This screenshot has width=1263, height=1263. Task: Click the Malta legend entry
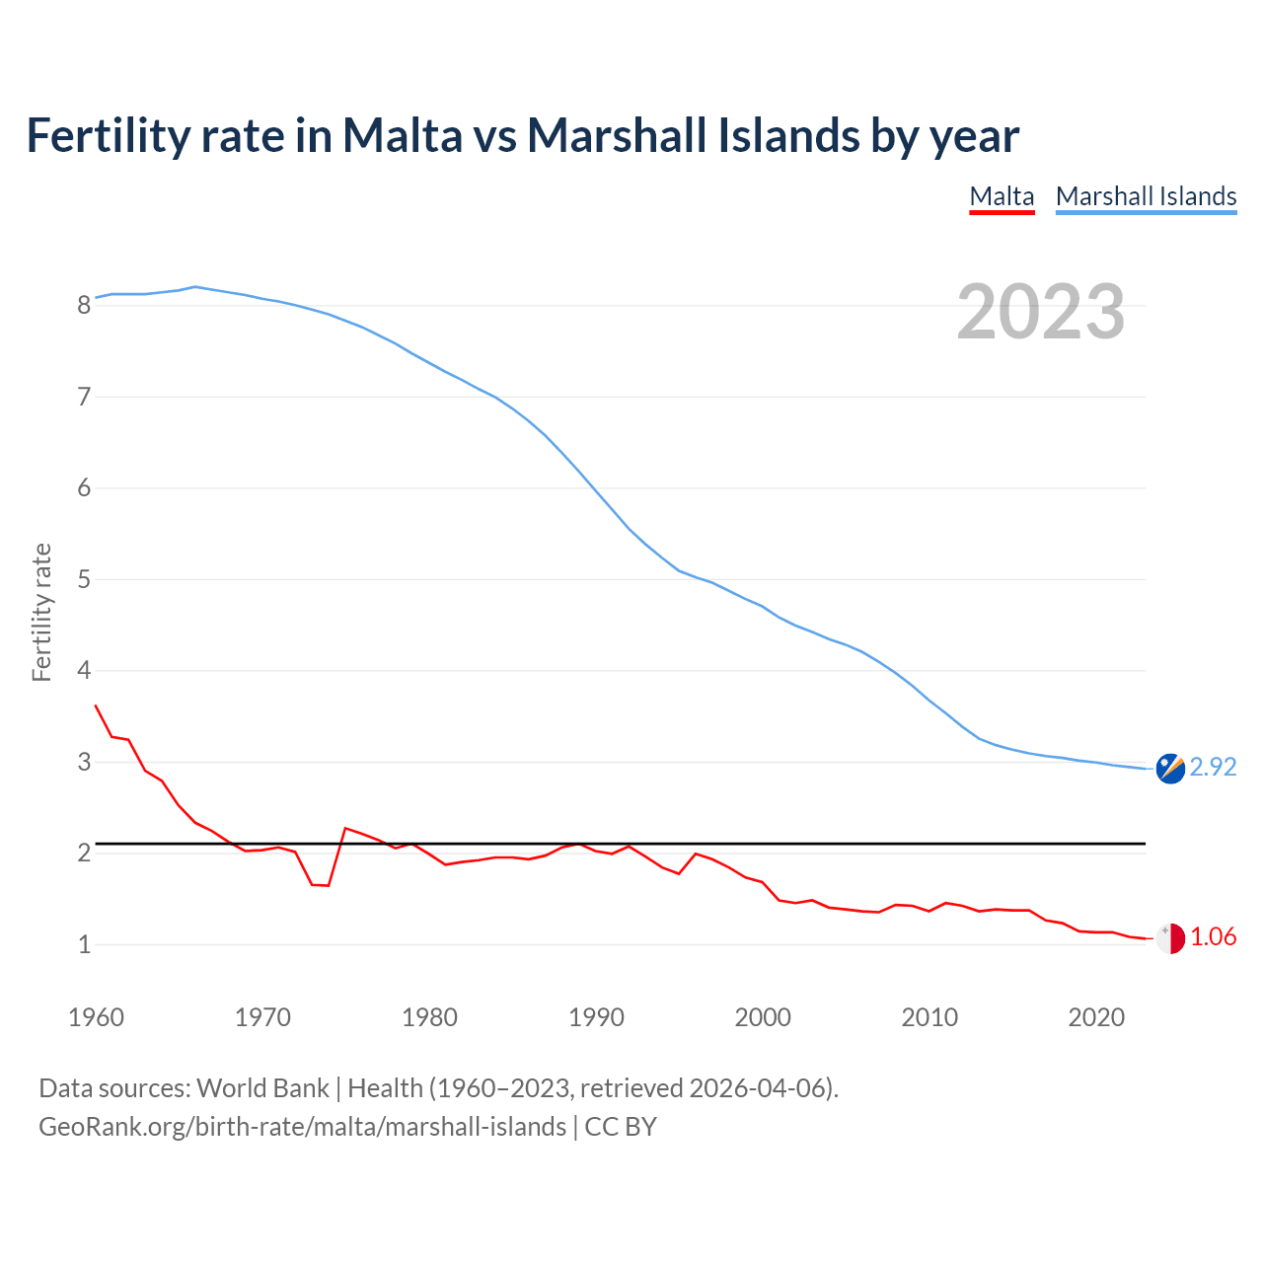point(1002,196)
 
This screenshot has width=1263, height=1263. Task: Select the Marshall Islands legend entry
point(1146,196)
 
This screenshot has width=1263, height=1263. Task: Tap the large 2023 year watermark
point(1041,312)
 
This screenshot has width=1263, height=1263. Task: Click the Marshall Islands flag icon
point(1170,769)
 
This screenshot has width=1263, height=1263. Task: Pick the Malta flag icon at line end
point(1170,938)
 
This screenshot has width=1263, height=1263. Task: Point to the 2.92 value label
point(1213,768)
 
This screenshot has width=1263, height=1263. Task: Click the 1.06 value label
point(1213,937)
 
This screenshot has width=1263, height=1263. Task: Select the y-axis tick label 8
point(84,306)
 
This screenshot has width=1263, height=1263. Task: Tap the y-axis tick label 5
point(84,580)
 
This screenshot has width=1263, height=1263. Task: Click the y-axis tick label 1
point(84,945)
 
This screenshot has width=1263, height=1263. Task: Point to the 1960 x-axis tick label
point(96,1017)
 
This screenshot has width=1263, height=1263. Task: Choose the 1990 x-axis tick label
point(596,1017)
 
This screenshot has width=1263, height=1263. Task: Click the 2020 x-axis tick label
point(1096,1017)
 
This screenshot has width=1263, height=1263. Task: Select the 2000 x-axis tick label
point(763,1017)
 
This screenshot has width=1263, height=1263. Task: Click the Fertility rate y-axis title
point(41,612)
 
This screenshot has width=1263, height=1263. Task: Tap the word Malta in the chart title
point(402,135)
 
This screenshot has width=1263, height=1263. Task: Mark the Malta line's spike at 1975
point(344,828)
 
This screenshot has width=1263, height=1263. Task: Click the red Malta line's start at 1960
point(96,706)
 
